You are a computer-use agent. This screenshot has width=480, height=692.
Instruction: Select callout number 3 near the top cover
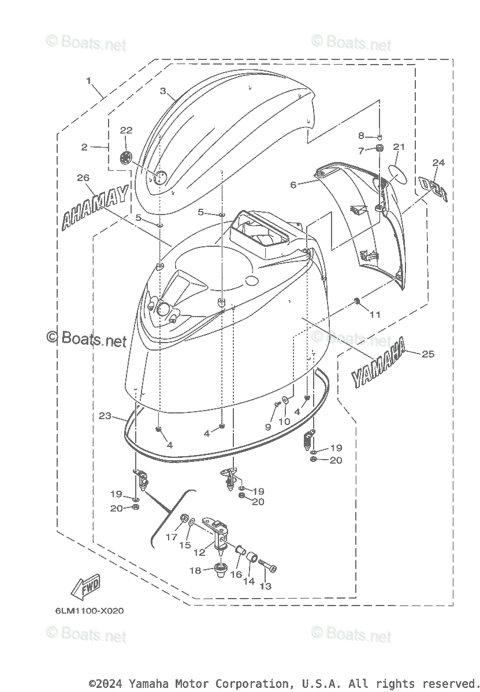coord(163,91)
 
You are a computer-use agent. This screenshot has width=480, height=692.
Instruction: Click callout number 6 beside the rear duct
coord(293,185)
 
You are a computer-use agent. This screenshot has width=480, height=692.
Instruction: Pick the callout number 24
coord(438,163)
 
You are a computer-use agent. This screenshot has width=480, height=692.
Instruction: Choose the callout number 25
coord(427,353)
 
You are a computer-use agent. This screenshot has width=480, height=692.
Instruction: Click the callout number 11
coord(375,315)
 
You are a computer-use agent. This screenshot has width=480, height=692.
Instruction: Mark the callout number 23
coord(105,415)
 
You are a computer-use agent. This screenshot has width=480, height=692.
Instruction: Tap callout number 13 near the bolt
coord(266,586)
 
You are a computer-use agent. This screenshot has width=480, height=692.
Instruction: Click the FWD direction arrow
coord(85,588)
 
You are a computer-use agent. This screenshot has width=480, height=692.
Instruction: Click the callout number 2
coord(84,148)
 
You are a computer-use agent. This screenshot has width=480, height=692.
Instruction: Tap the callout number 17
coord(172,537)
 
